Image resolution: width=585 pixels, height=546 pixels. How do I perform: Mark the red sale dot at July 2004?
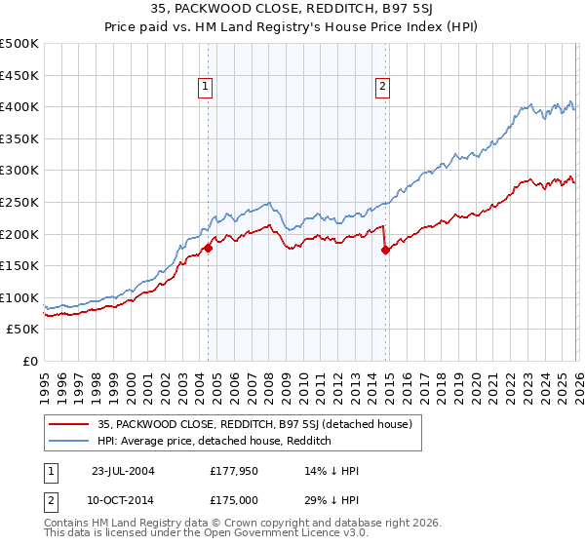tap(208, 249)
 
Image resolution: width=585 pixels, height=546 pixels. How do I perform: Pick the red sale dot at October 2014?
tap(385, 251)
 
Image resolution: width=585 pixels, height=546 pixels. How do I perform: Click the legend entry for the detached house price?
tap(255, 424)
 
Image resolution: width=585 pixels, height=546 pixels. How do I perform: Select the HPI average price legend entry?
tap(214, 441)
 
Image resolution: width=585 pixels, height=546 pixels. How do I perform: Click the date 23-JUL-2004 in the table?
tap(124, 470)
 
